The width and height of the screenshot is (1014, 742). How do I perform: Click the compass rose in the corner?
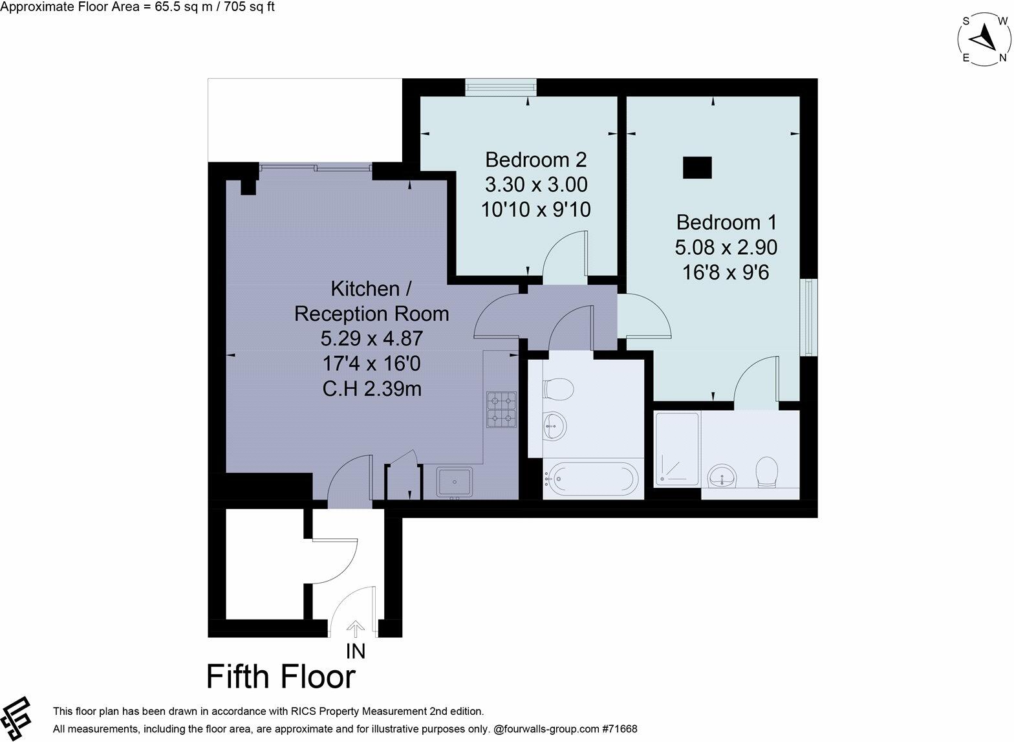984,40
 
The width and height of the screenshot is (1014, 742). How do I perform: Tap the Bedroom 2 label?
536,159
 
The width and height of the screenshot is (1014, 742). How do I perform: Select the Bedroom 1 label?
726,223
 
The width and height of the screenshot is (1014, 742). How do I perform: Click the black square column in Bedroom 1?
697,168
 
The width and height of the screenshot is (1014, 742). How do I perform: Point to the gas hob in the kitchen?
501,409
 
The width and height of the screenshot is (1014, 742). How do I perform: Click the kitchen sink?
455,482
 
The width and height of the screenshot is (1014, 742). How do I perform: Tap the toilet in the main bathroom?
558,389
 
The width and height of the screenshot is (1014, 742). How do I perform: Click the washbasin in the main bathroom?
554,425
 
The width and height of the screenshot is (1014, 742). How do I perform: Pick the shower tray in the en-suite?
677,448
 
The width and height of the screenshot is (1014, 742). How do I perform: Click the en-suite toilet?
767,472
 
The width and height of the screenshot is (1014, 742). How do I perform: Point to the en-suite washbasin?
722,477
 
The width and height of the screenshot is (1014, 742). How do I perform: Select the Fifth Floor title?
281,677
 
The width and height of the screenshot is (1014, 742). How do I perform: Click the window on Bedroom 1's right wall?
808,317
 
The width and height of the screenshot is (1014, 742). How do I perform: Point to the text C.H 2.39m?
371,389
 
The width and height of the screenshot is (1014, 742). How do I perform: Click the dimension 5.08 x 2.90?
726,247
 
